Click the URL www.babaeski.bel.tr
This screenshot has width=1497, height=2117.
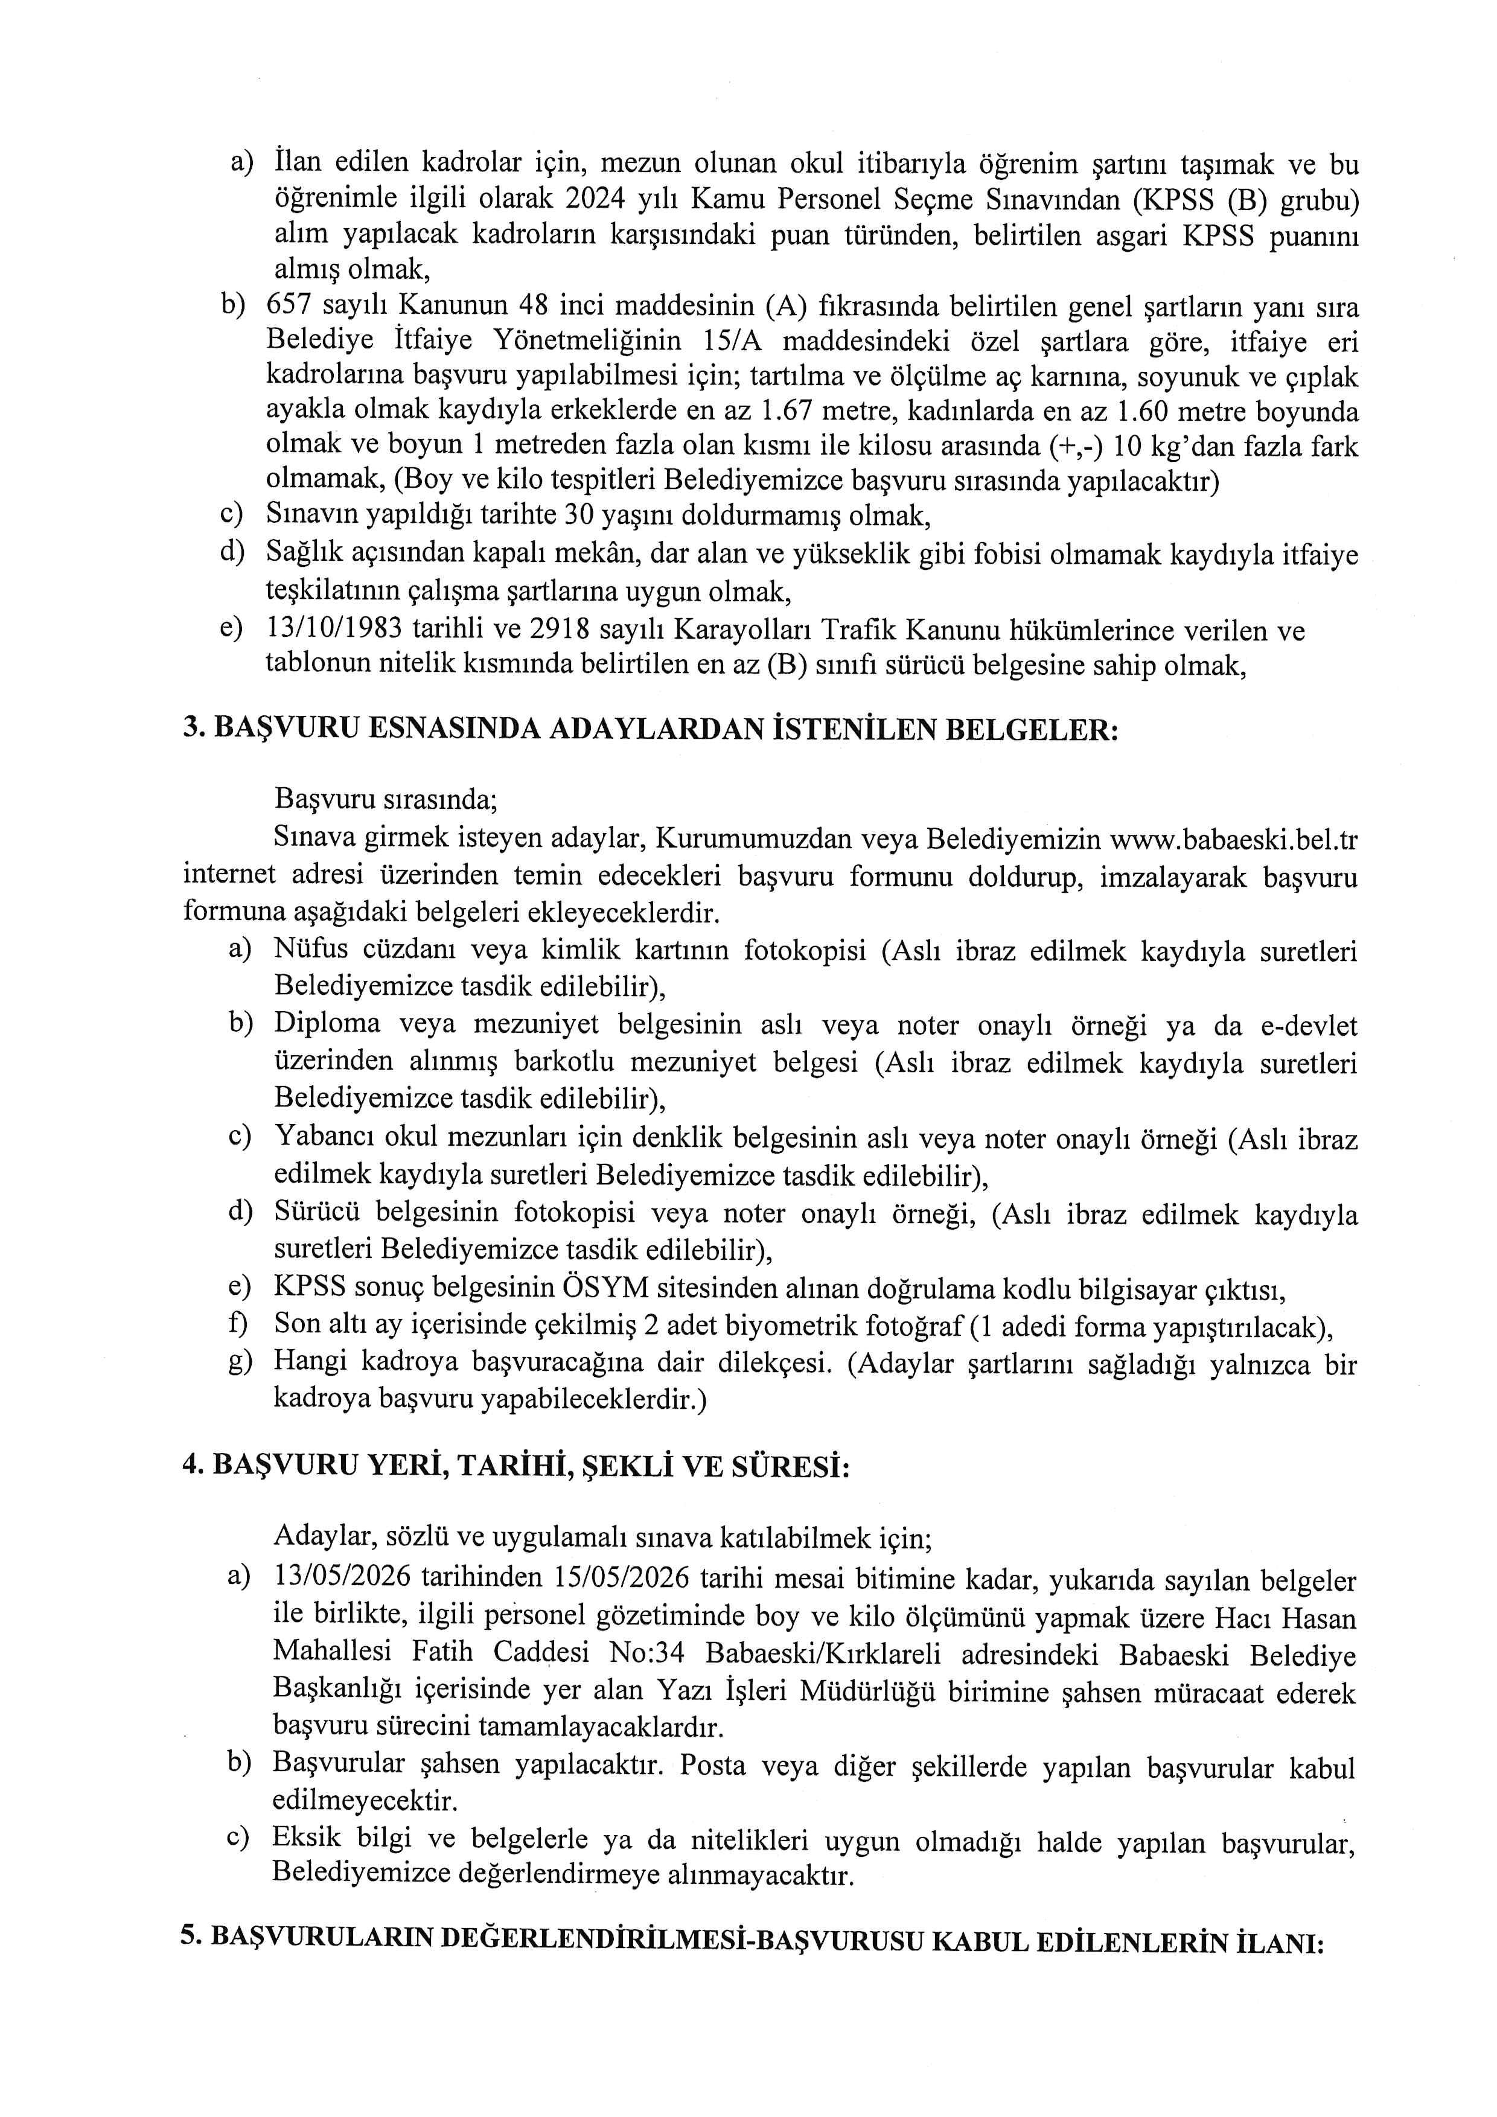click(1233, 839)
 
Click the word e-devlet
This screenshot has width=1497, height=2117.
click(1304, 1026)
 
